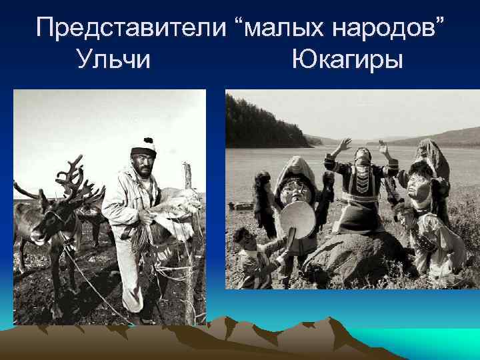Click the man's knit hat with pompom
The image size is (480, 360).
coord(143,145)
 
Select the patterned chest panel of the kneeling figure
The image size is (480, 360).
coord(364,184)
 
